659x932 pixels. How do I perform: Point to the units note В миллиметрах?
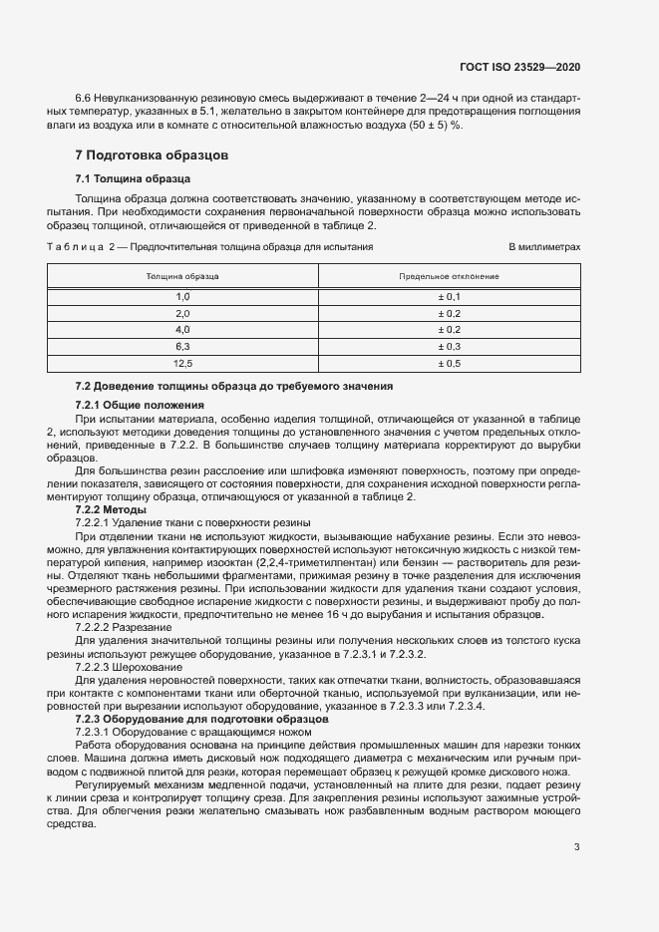[544, 245]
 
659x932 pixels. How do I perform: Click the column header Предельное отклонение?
[449, 276]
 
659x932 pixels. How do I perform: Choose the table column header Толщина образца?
[182, 276]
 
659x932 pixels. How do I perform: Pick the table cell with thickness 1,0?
[182, 297]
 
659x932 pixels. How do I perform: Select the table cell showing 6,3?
[182, 346]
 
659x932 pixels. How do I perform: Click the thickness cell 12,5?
[182, 363]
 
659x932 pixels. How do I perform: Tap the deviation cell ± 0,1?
[449, 297]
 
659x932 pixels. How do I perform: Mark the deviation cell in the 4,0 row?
[449, 330]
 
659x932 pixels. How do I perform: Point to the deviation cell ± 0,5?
[449, 363]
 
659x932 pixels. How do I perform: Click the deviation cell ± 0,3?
[449, 346]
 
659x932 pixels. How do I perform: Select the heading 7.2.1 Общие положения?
[140, 406]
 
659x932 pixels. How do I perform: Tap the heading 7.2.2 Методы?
[112, 510]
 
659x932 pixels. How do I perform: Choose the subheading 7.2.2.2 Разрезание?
[125, 628]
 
